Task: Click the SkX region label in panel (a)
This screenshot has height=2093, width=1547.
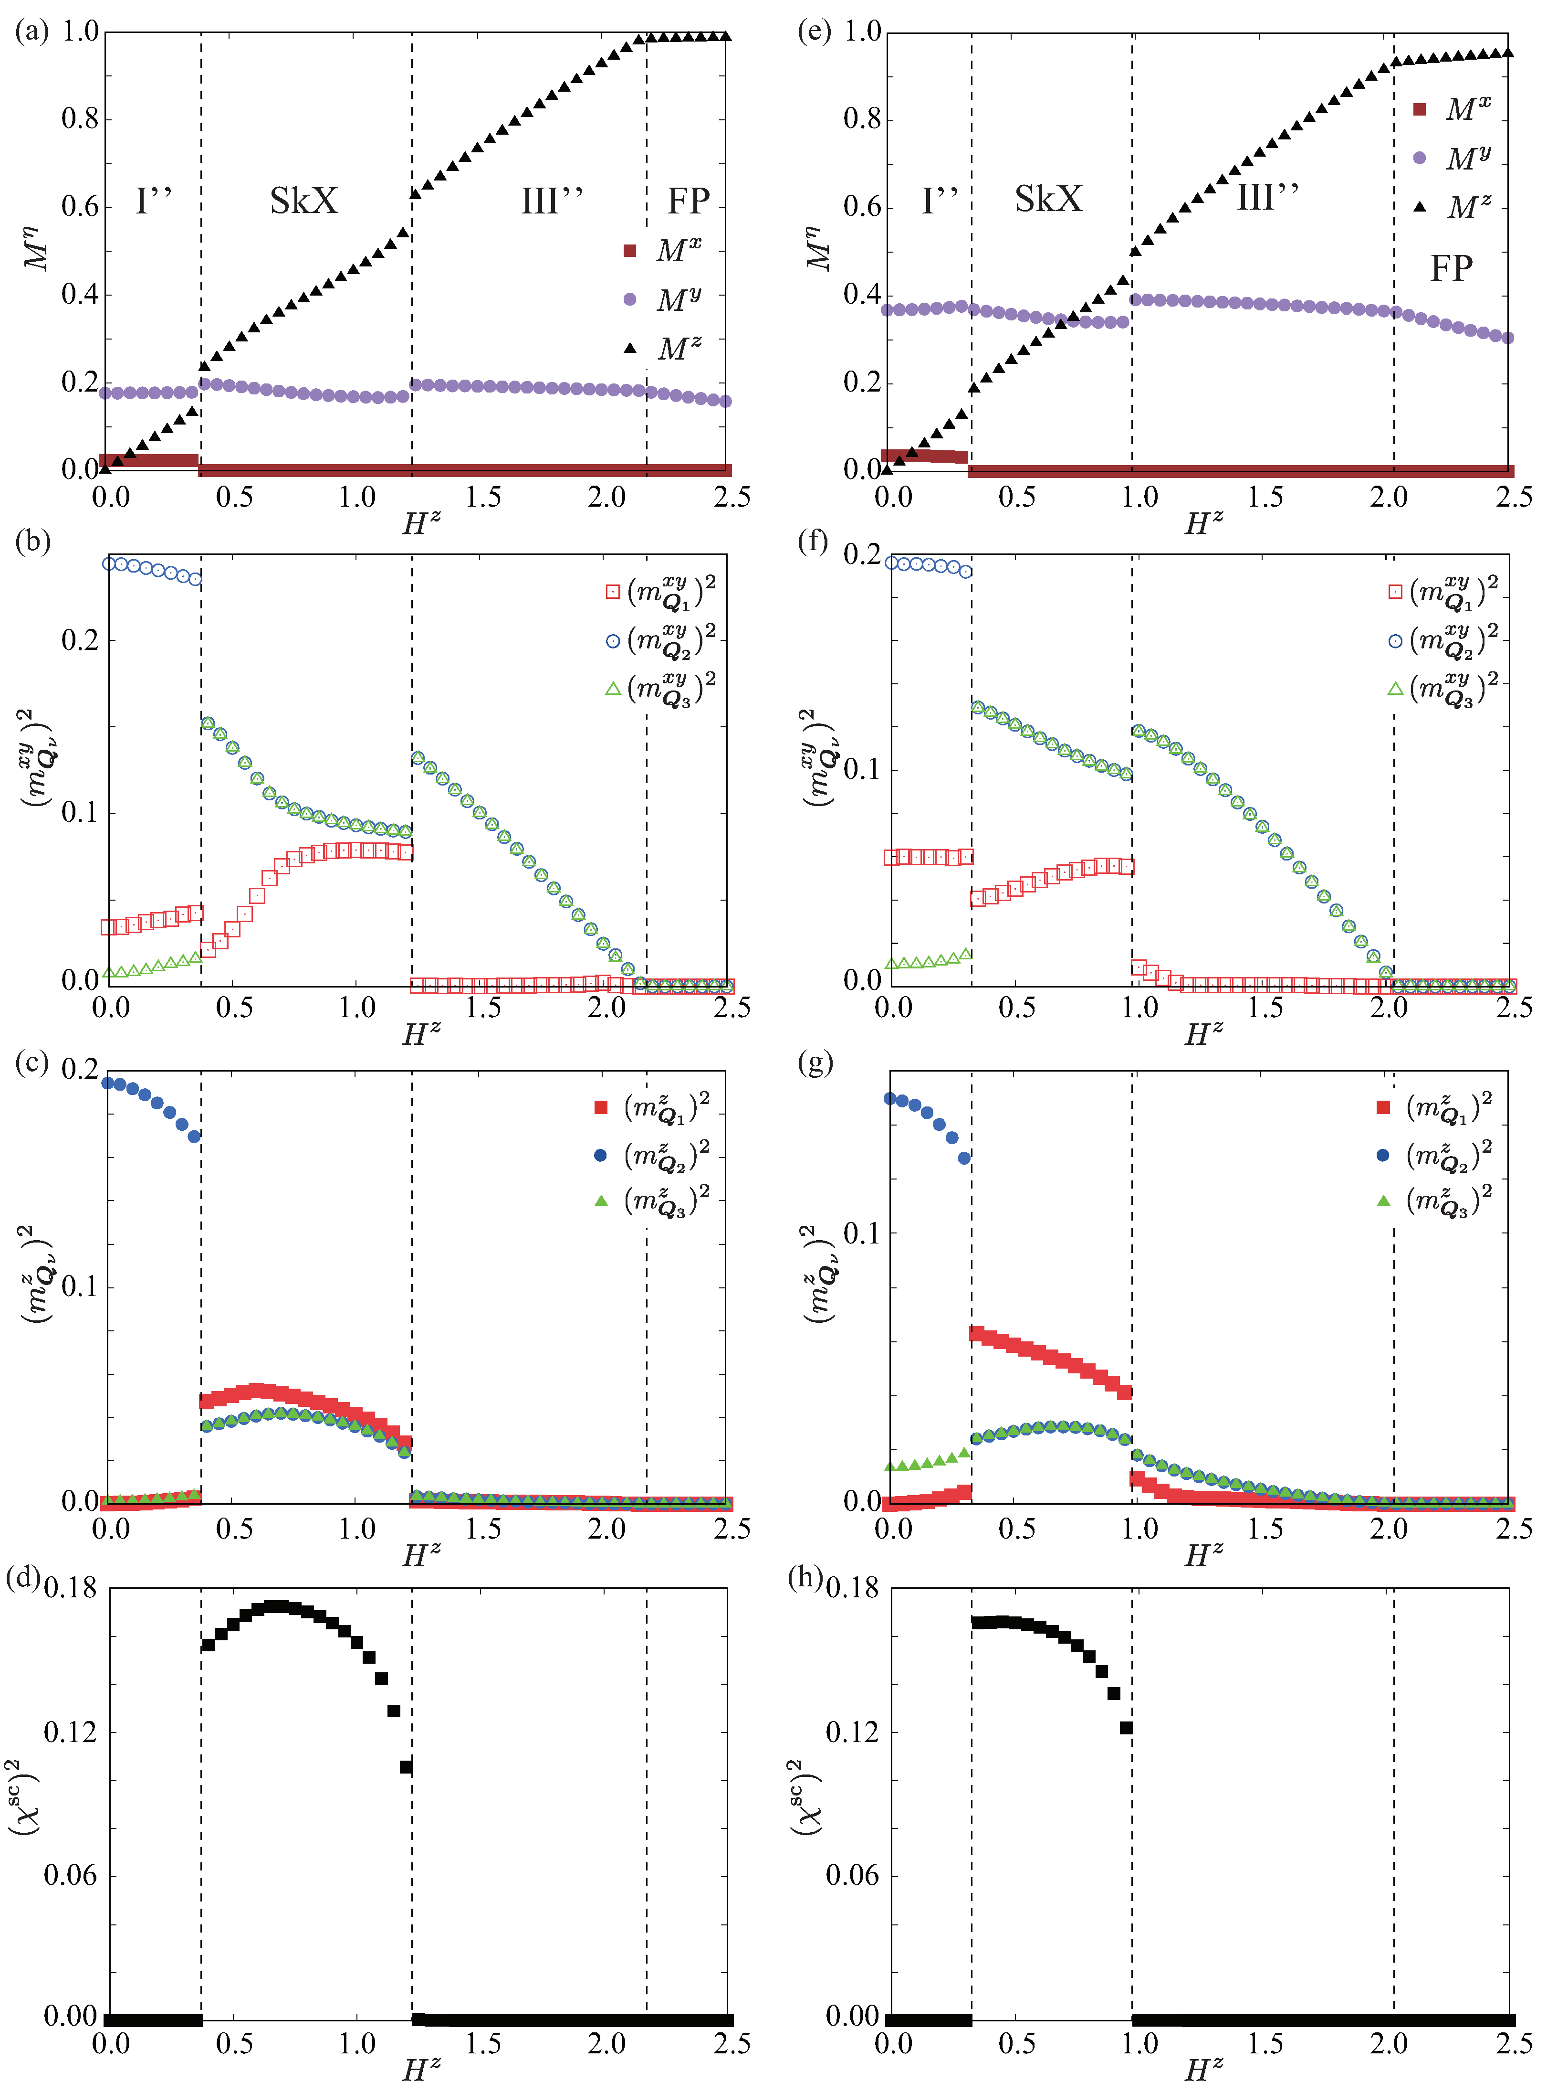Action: click(x=303, y=201)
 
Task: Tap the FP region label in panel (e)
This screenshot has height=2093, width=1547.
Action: click(x=1451, y=269)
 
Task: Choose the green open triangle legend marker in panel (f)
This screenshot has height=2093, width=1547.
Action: click(x=1395, y=689)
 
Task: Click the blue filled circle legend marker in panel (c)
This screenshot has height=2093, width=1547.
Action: click(x=601, y=1155)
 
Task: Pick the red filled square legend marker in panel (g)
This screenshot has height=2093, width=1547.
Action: click(x=1383, y=1107)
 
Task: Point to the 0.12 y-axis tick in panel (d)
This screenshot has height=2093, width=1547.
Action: click(x=70, y=1732)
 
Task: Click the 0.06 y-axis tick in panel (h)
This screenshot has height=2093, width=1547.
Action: click(x=852, y=1875)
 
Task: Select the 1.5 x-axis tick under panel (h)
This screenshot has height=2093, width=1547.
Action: click(x=1265, y=2043)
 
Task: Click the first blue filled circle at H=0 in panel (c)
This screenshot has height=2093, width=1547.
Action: click(x=108, y=1083)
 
